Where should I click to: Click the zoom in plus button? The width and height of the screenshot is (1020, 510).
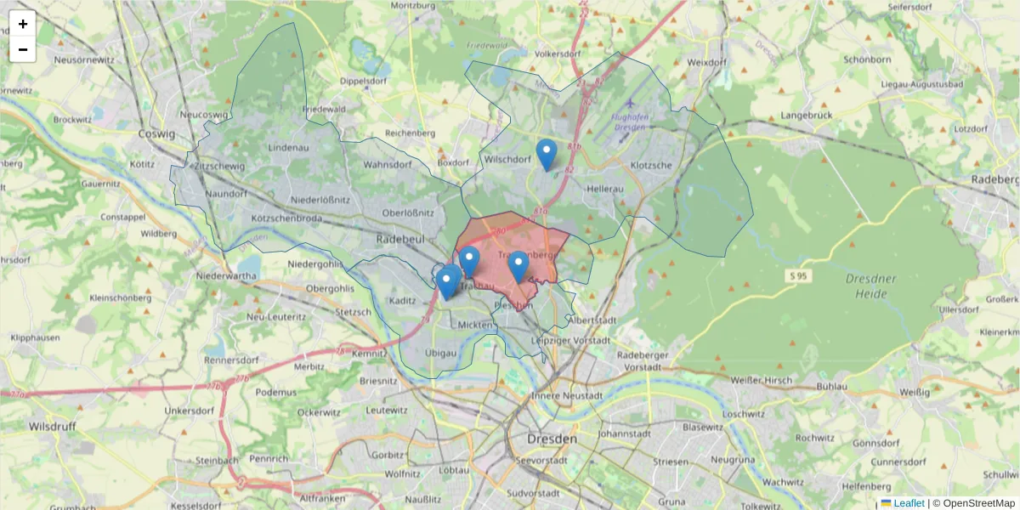[23, 24]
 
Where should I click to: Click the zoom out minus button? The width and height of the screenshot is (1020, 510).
[23, 49]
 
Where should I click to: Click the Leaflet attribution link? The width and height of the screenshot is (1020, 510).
[908, 503]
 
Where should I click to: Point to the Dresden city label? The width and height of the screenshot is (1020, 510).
[552, 439]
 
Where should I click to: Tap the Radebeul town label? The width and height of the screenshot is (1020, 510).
[399, 240]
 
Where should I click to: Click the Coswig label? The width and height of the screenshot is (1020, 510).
[156, 133]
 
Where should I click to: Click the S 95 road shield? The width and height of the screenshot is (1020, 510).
[796, 276]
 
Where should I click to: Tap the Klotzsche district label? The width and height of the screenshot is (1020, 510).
[652, 165]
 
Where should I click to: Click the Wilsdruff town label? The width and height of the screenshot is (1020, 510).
[53, 425]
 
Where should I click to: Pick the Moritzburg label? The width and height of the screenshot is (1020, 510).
[412, 5]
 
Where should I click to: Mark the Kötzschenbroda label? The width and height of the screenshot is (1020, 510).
[291, 218]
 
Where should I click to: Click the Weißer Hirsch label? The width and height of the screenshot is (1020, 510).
[761, 380]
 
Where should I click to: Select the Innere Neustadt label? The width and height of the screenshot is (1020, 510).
[566, 395]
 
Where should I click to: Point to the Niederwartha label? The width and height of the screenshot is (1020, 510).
[225, 276]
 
